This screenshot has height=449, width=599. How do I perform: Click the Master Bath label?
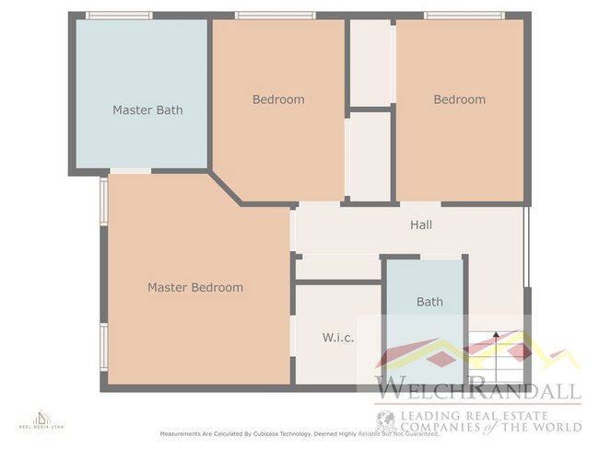pos(147,110)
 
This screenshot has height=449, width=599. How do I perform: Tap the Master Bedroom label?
pos(195,288)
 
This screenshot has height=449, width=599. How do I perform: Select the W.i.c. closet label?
pos(338,338)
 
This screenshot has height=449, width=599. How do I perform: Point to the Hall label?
pos(420,224)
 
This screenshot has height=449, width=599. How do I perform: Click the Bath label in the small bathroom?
pos(429,302)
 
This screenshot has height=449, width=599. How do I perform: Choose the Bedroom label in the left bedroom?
pos(278,99)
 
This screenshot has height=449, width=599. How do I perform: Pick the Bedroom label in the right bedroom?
pos(459,99)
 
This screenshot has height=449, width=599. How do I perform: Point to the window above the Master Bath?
pos(119,15)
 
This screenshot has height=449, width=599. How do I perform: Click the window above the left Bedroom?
pos(275,15)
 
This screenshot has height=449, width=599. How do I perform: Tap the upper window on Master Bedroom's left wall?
pos(104,201)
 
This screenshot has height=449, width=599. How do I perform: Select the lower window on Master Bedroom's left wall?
pos(104,346)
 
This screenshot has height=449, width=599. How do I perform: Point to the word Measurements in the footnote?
pos(185,433)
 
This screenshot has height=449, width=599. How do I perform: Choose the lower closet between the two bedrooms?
pos(369,155)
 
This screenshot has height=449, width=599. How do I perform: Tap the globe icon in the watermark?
pos(386,421)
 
